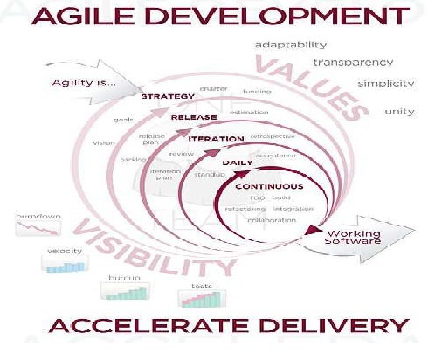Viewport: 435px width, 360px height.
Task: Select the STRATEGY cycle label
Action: [x=168, y=96]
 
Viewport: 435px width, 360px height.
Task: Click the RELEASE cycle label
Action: [x=194, y=116]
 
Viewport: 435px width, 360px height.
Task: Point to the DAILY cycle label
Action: [x=238, y=163]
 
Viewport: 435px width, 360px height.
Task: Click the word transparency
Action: [x=352, y=62]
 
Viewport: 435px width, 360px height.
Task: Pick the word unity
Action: [x=399, y=112]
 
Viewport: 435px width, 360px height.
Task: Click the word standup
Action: [x=209, y=175]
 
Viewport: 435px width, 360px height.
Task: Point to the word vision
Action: [x=103, y=142]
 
